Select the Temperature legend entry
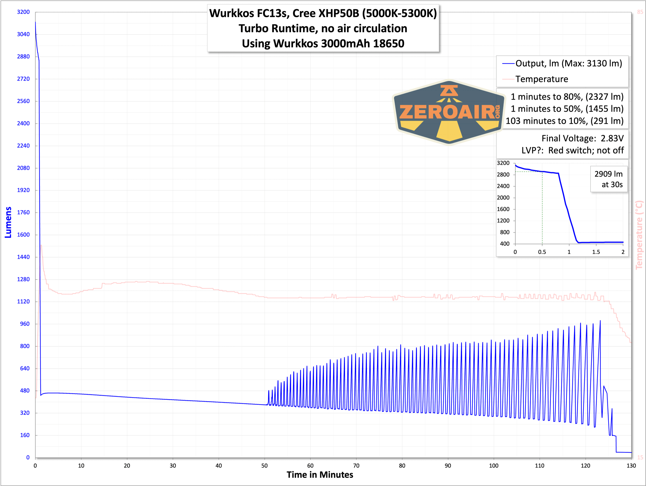click(x=542, y=79)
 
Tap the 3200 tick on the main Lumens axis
click(x=23, y=12)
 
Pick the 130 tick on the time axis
click(x=631, y=466)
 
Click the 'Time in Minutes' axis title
click(x=320, y=475)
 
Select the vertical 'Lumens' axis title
click(x=8, y=222)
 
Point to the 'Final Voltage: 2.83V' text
click(x=582, y=138)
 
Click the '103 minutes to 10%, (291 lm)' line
click(x=564, y=121)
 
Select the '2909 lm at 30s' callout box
click(x=609, y=179)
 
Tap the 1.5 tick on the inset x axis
click(x=596, y=252)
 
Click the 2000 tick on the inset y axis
click(x=503, y=198)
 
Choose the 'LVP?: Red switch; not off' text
click(x=572, y=150)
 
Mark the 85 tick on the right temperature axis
click(x=640, y=12)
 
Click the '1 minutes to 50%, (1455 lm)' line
click(x=567, y=109)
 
